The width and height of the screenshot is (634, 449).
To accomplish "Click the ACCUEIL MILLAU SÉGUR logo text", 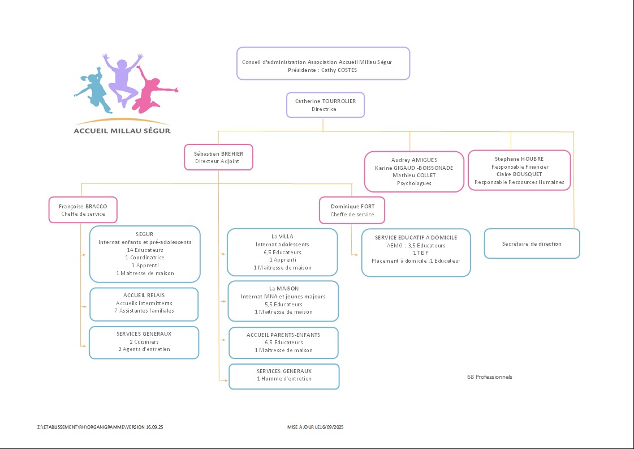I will click(122, 131).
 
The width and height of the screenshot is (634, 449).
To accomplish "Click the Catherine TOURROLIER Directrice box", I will click(325, 105).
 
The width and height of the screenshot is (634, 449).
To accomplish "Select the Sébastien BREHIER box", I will click(218, 157).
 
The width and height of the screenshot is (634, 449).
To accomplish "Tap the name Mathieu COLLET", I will click(414, 176).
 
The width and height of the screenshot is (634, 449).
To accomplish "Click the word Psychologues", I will click(414, 183).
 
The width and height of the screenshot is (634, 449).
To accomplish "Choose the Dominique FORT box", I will click(352, 210).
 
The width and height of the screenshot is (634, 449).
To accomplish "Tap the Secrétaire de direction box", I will click(532, 243).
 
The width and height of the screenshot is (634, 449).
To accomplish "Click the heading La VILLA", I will click(282, 237).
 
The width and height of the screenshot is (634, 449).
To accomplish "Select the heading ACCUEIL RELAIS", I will click(144, 296).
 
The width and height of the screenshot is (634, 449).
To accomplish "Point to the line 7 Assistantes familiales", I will click(144, 311).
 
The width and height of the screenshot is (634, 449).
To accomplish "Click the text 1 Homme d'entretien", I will click(284, 379).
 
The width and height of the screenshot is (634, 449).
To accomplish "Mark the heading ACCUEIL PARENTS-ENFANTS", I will click(283, 335).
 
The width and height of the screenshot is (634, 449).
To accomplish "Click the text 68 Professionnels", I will click(490, 377).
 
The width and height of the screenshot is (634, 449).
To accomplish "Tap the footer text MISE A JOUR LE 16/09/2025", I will click(316, 426).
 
